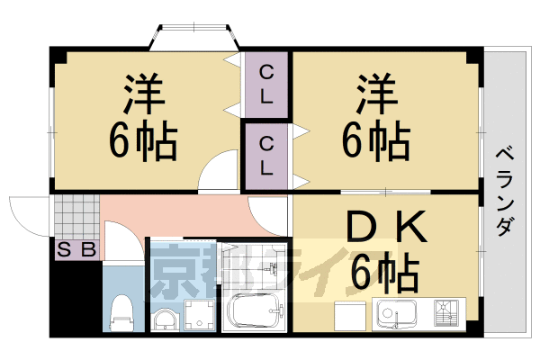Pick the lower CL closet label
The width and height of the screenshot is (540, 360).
(267, 154)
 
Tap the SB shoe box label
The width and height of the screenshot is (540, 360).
(76, 250)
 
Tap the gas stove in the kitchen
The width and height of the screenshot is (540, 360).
(447, 313)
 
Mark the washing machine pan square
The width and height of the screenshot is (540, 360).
(198, 316)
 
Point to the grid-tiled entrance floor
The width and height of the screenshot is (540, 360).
(76, 217)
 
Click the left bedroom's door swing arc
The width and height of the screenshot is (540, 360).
(215, 173)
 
